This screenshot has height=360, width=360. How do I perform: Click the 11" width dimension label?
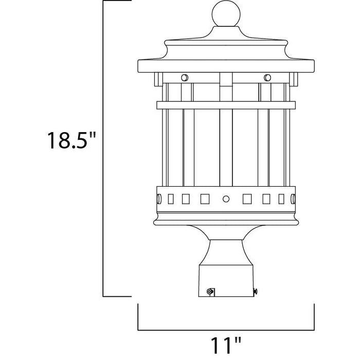point(225,342)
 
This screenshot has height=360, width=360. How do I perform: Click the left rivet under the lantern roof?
point(184,78)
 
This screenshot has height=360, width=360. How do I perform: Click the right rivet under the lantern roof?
point(266,78)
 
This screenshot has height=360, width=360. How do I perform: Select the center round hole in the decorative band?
point(225,198)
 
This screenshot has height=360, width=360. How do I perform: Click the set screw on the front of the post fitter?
point(209,291)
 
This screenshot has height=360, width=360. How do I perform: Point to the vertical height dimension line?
point(104,149)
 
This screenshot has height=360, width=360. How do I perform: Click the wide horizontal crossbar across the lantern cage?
point(225,105)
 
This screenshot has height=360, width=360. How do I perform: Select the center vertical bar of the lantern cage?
point(225,149)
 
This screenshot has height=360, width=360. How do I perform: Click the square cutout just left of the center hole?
point(204,198)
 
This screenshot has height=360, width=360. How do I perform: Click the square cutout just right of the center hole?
point(247,198)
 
